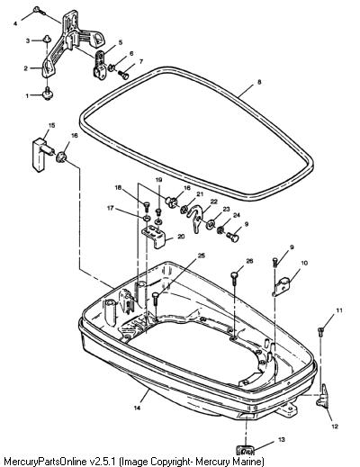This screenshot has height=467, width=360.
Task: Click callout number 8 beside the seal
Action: click(259, 82)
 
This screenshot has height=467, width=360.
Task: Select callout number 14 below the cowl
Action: click(137, 408)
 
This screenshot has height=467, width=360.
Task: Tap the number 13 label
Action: click(282, 440)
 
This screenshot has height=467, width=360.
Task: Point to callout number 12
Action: click(335, 426)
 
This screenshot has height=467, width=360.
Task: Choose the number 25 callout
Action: click(202, 256)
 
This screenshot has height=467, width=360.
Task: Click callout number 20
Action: click(181, 237)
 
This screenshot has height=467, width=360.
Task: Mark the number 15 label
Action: click(51, 125)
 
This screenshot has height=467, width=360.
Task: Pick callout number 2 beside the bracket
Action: click(26, 68)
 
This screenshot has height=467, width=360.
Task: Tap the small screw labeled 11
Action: click(320, 330)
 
